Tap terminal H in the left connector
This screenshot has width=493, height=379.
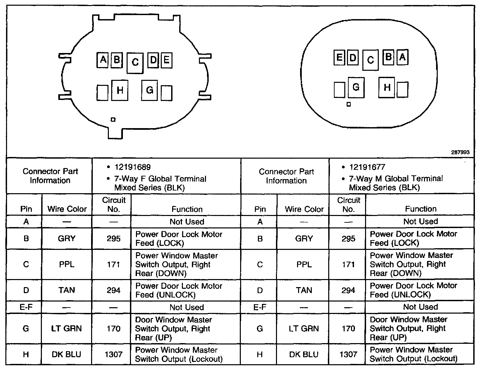point(120,90)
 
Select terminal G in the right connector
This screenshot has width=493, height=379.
point(356,87)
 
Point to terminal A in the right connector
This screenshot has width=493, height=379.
point(402,57)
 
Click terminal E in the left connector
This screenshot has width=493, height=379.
point(166,60)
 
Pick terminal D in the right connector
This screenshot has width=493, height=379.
point(352,58)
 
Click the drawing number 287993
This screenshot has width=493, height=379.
point(460,152)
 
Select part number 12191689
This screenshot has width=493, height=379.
point(133,167)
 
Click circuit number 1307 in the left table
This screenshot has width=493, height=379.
point(114,355)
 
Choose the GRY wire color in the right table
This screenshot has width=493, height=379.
point(304,238)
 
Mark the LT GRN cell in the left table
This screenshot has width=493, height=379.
point(66,329)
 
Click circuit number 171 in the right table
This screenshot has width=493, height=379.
point(348,264)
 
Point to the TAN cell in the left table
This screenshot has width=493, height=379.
point(66,290)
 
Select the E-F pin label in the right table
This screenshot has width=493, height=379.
point(260,307)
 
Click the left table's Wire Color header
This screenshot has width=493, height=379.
point(67,209)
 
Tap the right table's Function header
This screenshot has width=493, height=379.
point(421,209)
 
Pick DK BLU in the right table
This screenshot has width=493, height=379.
point(304,355)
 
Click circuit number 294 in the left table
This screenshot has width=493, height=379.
point(114,290)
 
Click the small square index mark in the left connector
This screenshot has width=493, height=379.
point(113,119)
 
